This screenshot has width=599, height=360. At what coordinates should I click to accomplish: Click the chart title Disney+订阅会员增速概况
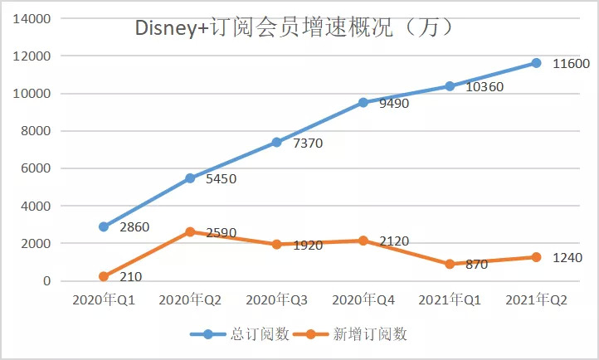coord(295,28)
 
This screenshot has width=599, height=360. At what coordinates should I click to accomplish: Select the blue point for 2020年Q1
coord(104,226)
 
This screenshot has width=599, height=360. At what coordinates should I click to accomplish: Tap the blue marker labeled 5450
coord(190,178)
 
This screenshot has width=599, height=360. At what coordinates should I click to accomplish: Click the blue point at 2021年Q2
coord(536,63)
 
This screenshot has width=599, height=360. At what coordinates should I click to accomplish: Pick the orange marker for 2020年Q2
coord(190,232)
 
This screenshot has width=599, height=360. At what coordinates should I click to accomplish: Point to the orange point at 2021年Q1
coord(450,265)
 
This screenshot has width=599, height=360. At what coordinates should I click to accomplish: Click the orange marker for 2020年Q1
coord(104,277)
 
